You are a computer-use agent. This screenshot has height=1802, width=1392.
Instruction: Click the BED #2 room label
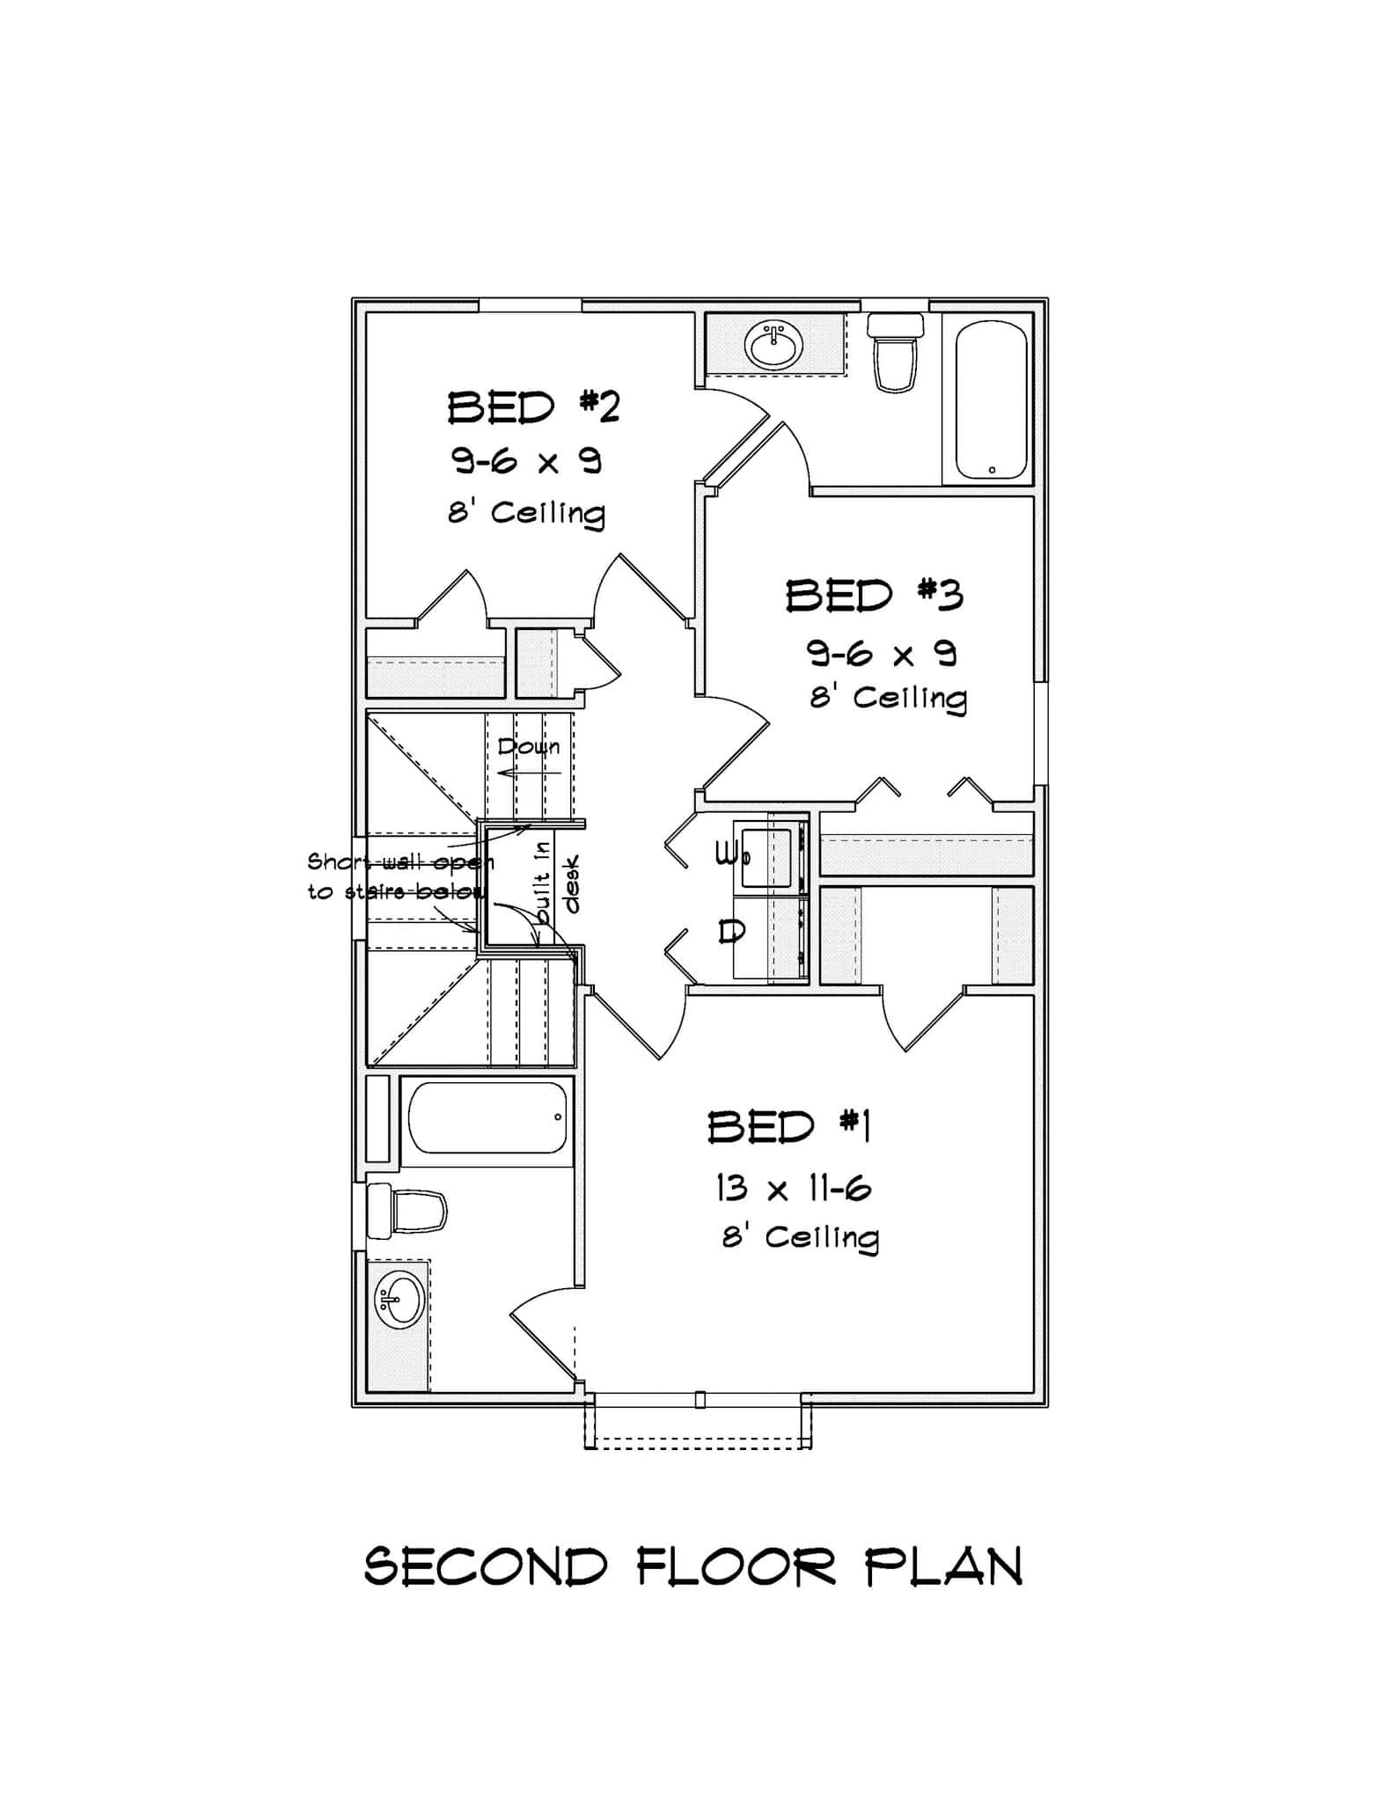(x=533, y=407)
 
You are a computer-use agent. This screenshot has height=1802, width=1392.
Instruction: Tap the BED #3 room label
(x=874, y=596)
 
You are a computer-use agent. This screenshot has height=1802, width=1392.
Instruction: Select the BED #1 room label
(x=788, y=1127)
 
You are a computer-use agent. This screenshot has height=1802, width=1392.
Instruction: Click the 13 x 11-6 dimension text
(x=793, y=1190)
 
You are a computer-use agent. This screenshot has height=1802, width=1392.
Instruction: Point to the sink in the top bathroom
(x=773, y=345)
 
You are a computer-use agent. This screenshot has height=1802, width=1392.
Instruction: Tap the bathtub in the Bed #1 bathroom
(x=487, y=1117)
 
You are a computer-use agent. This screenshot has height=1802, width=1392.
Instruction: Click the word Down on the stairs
(x=528, y=747)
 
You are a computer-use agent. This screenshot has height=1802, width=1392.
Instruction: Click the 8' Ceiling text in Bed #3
(x=888, y=698)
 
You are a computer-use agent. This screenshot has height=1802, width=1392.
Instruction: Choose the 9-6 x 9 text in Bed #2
(x=527, y=461)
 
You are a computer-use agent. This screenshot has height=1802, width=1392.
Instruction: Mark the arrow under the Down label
(x=528, y=773)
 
